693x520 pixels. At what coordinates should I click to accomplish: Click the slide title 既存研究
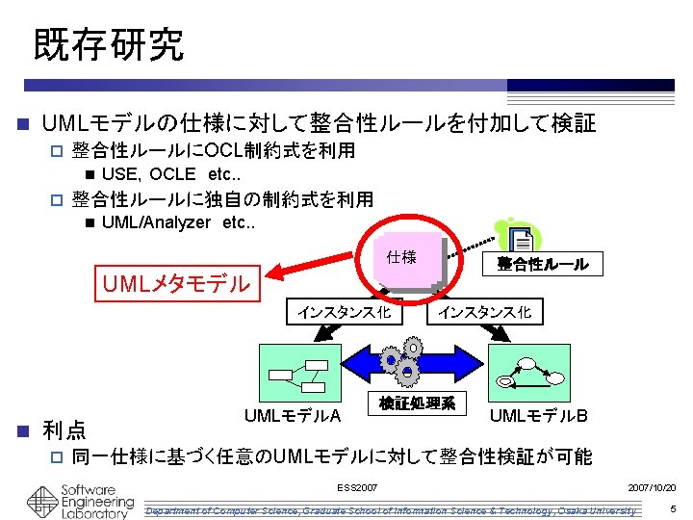click(x=108, y=44)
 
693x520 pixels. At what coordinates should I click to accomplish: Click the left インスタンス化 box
click(x=344, y=312)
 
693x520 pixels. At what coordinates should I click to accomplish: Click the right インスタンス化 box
click(x=484, y=312)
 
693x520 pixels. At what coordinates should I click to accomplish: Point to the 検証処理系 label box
click(x=417, y=403)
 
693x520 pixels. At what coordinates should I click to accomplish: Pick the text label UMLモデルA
click(x=292, y=416)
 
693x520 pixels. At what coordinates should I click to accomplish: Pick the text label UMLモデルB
click(x=539, y=416)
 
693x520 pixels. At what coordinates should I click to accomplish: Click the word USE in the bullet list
click(x=118, y=174)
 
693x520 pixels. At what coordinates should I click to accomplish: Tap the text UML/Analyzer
click(x=155, y=222)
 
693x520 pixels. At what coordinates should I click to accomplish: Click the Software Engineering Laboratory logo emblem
click(x=41, y=501)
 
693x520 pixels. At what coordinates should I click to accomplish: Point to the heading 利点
click(x=64, y=429)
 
